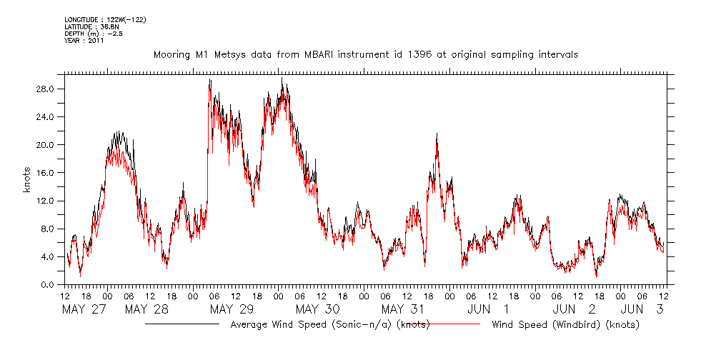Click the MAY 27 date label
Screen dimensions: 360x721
85,309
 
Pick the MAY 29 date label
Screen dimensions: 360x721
232,309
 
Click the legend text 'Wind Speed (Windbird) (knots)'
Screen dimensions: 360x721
565,325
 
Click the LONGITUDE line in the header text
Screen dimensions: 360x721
105,19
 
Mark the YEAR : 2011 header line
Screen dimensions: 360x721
84,41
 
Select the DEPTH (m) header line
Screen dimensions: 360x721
94,34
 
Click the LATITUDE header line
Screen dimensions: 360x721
90,26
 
